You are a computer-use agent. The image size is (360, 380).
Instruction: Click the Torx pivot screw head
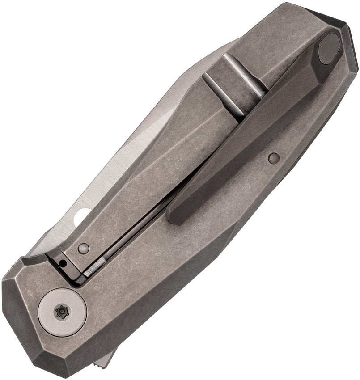pos(62,312)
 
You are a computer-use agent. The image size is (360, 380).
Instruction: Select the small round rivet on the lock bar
pos(83,249)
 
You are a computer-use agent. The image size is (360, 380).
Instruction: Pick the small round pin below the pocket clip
pos(274,157)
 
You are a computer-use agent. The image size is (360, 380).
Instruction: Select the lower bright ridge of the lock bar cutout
pos(222,95)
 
